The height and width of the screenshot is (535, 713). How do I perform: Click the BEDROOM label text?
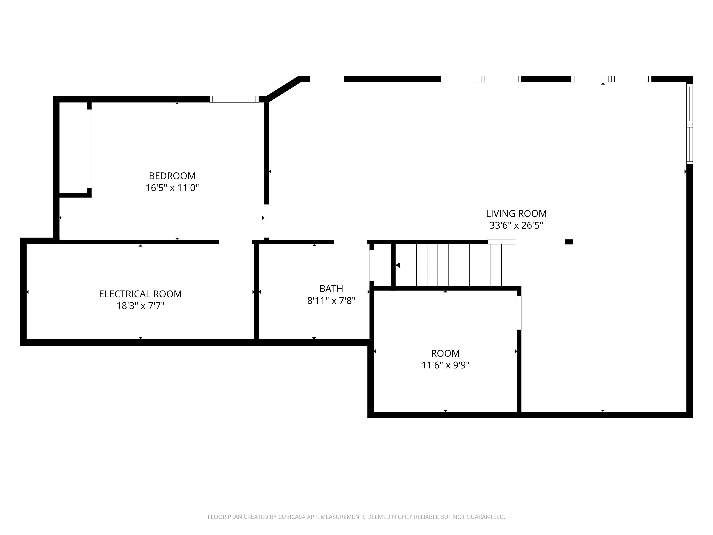[172, 176]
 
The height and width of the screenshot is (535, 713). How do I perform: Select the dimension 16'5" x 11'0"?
[172, 188]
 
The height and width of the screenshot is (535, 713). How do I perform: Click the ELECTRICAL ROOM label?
[140, 294]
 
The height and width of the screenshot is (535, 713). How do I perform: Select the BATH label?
[331, 289]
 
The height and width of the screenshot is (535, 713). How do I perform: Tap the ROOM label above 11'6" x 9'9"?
[445, 353]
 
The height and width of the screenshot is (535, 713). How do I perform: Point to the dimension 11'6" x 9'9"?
[445, 365]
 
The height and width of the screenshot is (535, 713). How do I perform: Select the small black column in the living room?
[569, 242]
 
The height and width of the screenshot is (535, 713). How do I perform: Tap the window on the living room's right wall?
[689, 124]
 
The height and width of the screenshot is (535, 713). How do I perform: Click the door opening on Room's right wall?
[519, 313]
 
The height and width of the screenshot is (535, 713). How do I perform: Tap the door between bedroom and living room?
[266, 221]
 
